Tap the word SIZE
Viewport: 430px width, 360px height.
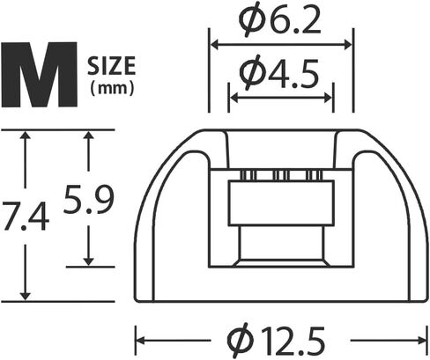(x=112, y=66)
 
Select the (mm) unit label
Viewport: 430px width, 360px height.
(x=112, y=88)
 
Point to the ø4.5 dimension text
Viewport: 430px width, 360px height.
(x=279, y=73)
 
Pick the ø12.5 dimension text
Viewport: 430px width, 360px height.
(x=277, y=341)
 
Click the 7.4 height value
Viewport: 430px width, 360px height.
(x=26, y=216)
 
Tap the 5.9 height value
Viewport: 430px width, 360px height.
(x=88, y=200)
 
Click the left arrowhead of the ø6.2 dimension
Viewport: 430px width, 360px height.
(x=214, y=45)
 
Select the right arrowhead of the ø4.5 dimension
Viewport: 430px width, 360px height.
(x=328, y=98)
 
